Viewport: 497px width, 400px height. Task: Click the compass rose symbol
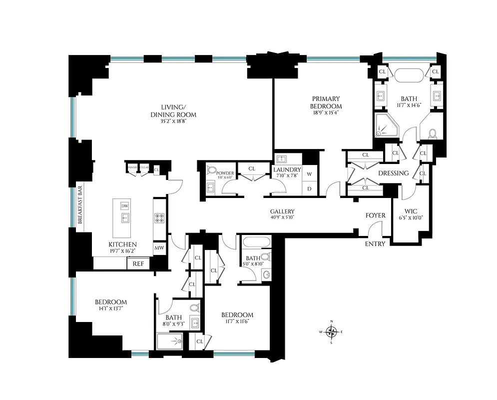pos(332,331)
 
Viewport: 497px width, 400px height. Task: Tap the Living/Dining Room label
pos(171,110)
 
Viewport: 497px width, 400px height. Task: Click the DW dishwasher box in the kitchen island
pos(125,205)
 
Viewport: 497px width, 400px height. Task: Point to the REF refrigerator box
pos(138,263)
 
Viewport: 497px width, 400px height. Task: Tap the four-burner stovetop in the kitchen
pos(159,218)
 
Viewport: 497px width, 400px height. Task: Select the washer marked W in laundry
pos(309,174)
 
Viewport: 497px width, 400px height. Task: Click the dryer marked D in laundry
pos(309,188)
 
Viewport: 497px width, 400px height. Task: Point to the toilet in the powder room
pos(210,170)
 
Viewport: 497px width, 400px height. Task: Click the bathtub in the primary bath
pos(409,74)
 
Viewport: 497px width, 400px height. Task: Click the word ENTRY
pos(375,244)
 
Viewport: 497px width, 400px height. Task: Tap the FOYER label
pos(376,215)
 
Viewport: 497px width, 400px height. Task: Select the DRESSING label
pos(393,173)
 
